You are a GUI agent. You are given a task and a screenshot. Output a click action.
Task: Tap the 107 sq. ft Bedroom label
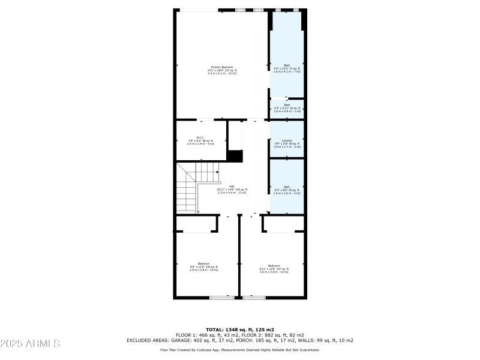point(274,266)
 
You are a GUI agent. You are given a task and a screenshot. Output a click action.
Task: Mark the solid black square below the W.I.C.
point(236,156)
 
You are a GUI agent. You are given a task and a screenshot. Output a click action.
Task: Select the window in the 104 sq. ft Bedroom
point(222,297)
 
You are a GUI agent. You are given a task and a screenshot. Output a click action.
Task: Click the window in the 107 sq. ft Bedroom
point(254,297)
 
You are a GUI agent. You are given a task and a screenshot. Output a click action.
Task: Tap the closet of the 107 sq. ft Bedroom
point(284,223)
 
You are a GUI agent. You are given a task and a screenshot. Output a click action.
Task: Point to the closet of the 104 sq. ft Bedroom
point(196,223)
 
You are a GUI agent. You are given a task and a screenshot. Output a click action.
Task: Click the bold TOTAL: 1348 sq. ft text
point(240,329)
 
